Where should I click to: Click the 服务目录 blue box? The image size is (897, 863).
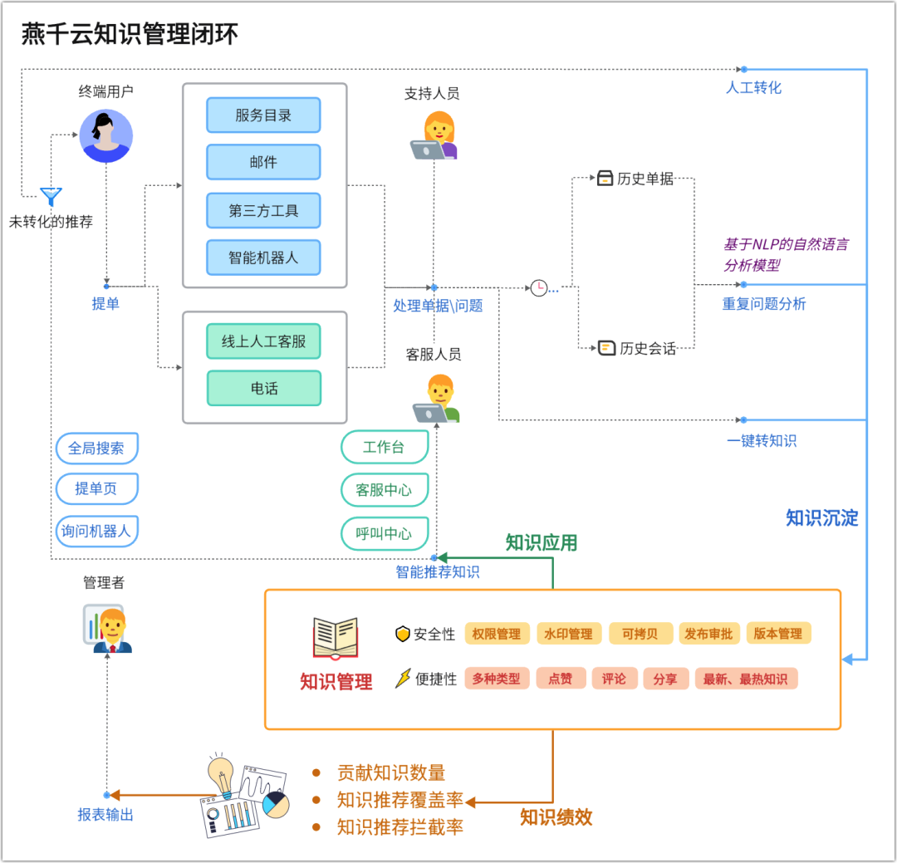(263, 115)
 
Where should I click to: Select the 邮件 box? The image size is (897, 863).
(263, 162)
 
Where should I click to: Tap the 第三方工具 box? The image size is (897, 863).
(263, 211)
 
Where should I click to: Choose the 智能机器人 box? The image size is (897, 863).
(263, 257)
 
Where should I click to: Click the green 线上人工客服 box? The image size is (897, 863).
(263, 341)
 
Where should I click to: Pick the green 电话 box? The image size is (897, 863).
(264, 389)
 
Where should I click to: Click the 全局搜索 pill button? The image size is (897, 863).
(96, 448)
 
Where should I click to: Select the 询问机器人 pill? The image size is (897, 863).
(96, 531)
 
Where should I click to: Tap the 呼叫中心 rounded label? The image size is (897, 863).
(385, 533)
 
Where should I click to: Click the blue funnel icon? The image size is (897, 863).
(51, 196)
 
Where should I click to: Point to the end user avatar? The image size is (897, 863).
(105, 136)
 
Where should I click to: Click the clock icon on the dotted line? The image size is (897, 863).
(539, 288)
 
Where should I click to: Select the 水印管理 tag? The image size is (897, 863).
(569, 634)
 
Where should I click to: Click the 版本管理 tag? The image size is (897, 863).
(778, 633)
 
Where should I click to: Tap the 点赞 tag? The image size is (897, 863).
(561, 679)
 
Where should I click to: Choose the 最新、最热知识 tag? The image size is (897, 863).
(746, 679)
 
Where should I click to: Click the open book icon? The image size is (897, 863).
(336, 638)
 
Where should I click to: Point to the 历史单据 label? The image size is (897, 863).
(645, 179)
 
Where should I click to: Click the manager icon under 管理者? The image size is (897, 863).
(108, 629)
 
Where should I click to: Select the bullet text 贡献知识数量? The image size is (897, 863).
(391, 772)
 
